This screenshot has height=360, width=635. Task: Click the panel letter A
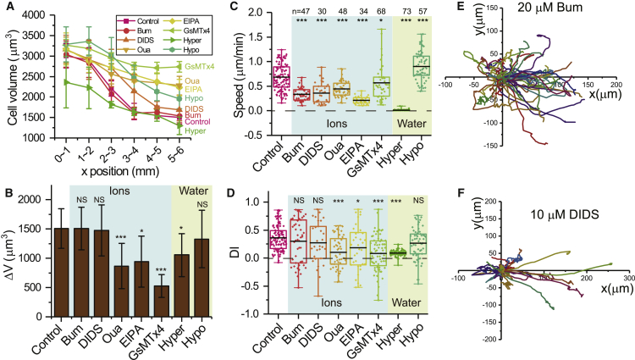(x=7, y=8)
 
